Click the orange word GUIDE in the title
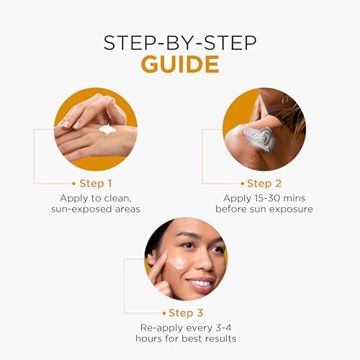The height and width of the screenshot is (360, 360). click(180, 64)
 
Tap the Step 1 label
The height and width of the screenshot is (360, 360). click(96, 184)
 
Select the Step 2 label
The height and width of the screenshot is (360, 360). click(264, 184)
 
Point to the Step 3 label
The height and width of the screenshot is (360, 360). click(186, 313)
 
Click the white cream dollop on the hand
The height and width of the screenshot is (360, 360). click(107, 130)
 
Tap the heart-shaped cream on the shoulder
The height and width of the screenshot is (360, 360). click(260, 139)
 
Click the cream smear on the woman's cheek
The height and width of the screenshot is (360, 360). click(177, 262)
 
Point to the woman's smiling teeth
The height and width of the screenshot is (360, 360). click(199, 283)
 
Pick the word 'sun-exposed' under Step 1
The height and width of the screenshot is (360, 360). click(81, 210)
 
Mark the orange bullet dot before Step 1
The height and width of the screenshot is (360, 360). click(74, 184)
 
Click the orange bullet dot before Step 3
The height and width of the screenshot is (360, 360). click(164, 313)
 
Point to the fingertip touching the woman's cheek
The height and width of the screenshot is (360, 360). click(165, 256)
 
